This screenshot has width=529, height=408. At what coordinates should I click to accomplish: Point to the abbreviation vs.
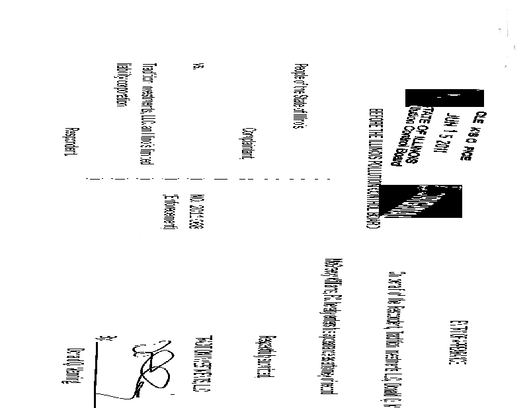tap(198, 67)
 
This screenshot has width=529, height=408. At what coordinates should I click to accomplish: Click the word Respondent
tap(71, 143)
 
